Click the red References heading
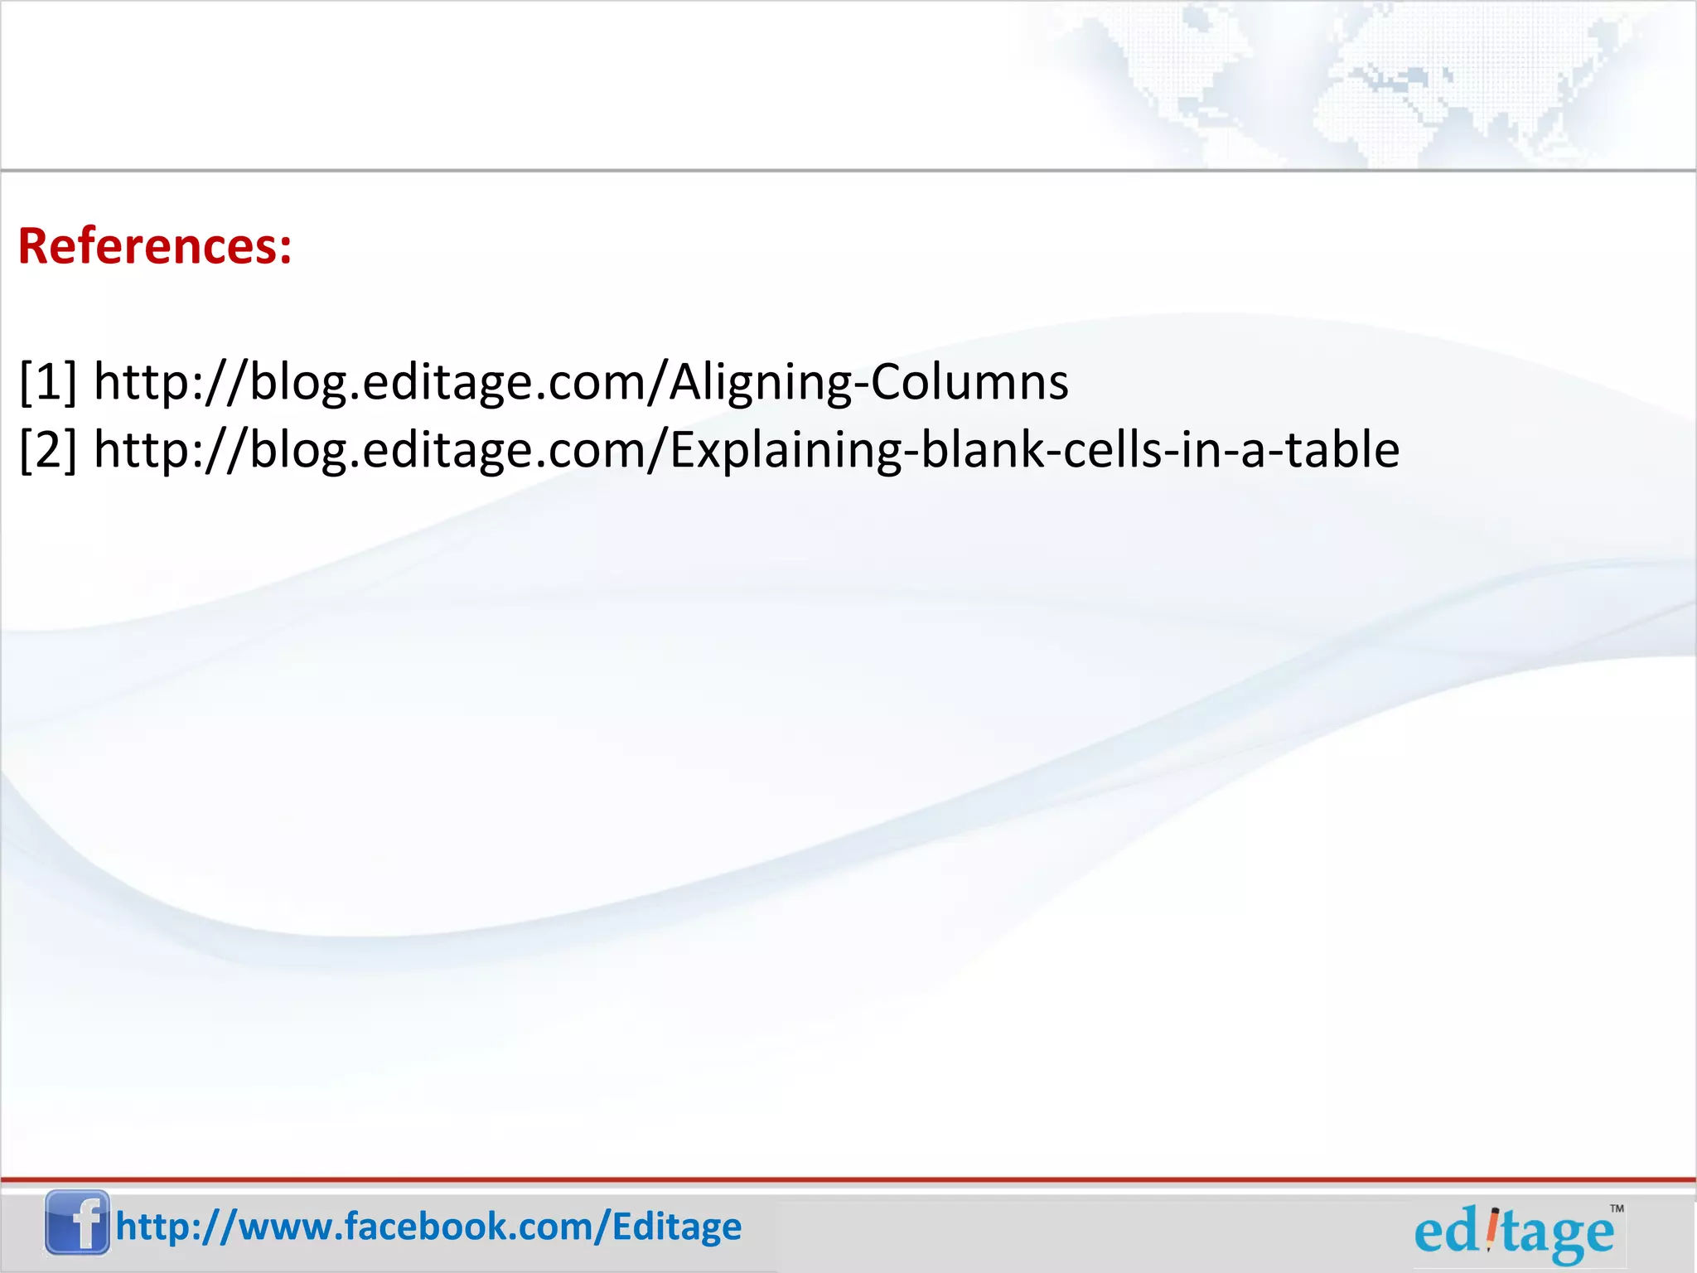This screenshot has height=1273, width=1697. (155, 246)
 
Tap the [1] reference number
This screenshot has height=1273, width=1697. (48, 382)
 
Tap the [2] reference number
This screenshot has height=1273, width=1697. (48, 450)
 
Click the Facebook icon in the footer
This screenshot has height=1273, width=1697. (77, 1222)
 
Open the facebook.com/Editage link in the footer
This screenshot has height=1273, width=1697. (428, 1227)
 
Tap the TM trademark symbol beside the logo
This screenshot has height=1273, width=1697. (1617, 1209)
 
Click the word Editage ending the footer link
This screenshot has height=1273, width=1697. (677, 1227)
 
